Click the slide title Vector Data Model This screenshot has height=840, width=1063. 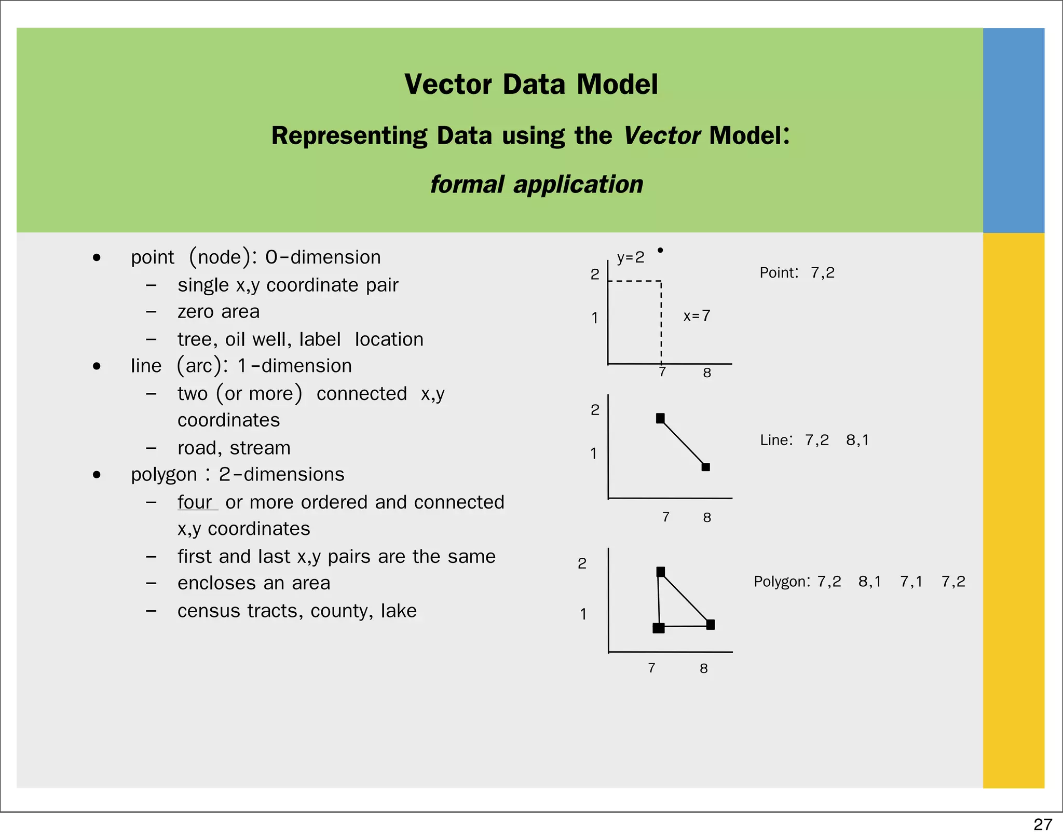tap(531, 84)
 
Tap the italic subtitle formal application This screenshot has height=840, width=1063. tap(536, 185)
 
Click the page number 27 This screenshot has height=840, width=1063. tap(1042, 824)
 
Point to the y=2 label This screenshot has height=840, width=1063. tap(630, 257)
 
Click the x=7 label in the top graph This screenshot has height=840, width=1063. tap(697, 316)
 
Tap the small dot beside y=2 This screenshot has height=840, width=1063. tap(660, 250)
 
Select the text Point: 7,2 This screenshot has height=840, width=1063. tap(797, 273)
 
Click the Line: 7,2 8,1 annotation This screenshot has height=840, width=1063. tap(814, 440)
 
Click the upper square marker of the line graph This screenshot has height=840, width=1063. tap(660, 418)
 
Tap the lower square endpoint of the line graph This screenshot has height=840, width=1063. tap(706, 467)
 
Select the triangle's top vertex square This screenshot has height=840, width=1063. tap(661, 572)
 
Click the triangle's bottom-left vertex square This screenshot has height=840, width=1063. tap(659, 628)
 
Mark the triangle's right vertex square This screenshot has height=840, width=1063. tap(711, 625)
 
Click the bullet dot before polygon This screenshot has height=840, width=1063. tap(97, 475)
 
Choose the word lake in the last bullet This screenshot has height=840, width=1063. tap(399, 611)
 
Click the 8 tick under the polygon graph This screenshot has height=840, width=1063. tap(704, 668)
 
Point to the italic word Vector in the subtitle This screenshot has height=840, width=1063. tap(662, 136)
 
